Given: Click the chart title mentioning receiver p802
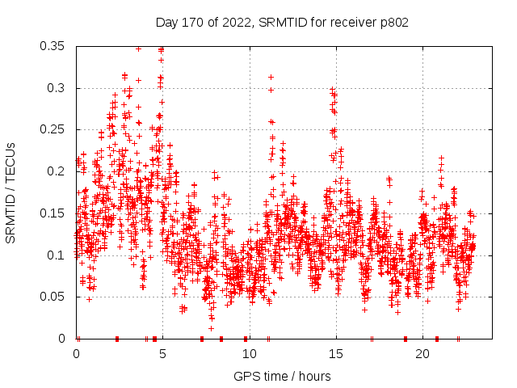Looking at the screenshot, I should [x=281, y=22].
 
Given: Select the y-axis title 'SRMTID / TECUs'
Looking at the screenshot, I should [x=11, y=192].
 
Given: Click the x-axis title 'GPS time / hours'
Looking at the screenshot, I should [x=281, y=376].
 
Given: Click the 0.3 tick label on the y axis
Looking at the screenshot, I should [x=57, y=88].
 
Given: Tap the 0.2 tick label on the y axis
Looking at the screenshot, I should [x=57, y=171].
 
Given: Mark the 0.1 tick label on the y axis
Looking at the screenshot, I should [x=57, y=255].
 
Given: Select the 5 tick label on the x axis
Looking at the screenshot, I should [x=163, y=354].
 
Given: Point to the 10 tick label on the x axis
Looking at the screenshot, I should [x=250, y=354].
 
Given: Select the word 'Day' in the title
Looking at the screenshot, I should [x=167, y=22].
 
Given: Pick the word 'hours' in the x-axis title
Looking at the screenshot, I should [x=312, y=376].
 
